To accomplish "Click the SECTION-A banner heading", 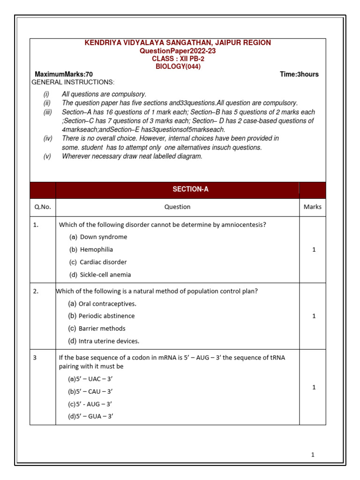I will (190, 189).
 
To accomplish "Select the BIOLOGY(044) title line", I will (178, 67).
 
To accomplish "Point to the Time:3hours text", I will (299, 75).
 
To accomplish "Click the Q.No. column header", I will (43, 207).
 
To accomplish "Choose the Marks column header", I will (313, 207).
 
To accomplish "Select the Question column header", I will (177, 207).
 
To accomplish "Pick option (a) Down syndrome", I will (98, 237).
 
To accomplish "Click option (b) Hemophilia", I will (91, 250).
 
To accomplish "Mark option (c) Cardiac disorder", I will (98, 262).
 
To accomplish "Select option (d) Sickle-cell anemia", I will (100, 275).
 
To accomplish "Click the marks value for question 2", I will (314, 316).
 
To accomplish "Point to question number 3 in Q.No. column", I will (35, 358).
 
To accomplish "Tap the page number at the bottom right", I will (313, 455).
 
